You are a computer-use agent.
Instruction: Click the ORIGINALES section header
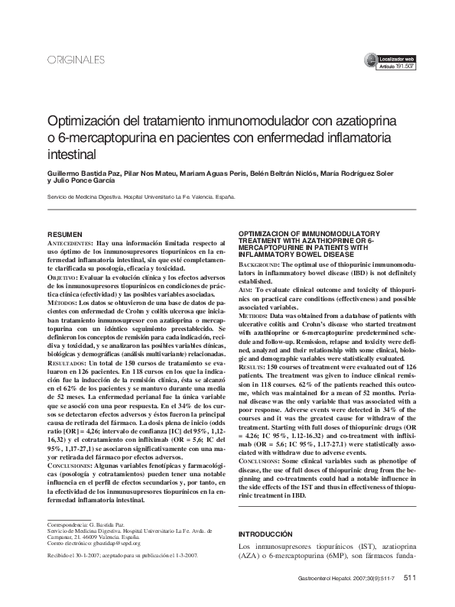75,60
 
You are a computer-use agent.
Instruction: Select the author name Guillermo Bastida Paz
82,174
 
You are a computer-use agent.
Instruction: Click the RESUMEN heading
65,232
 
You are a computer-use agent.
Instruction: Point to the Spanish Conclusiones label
71,466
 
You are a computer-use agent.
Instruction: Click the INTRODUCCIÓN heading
266,533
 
